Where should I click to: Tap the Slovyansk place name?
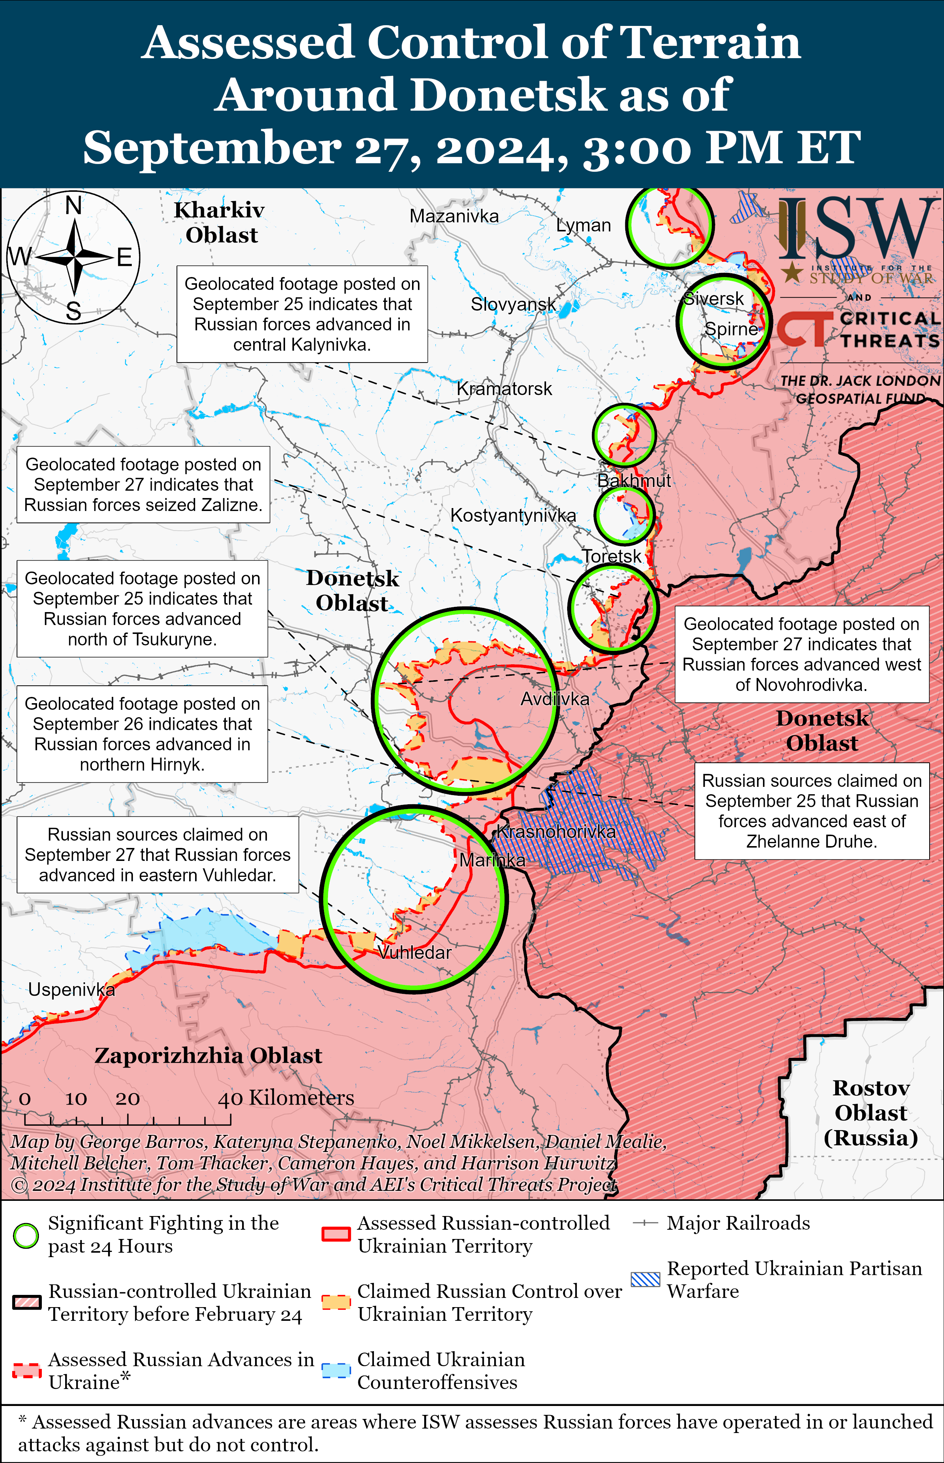tap(513, 304)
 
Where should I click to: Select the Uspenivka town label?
tap(71, 990)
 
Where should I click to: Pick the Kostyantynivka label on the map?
tap(513, 516)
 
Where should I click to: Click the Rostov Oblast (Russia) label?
tap(870, 1113)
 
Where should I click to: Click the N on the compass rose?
tap(74, 206)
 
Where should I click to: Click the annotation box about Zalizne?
tap(143, 484)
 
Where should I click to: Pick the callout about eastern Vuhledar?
tap(158, 855)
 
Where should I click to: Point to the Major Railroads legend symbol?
tap(646, 1224)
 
